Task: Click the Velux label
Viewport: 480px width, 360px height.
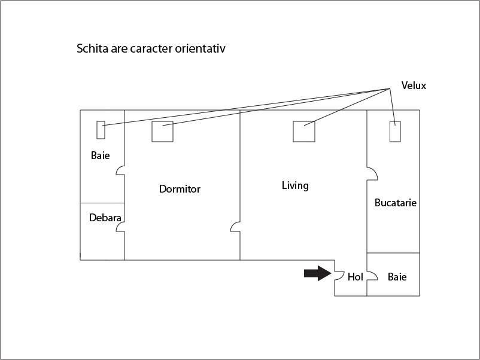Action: tap(414, 86)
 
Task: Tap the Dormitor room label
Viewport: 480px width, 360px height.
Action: tap(180, 189)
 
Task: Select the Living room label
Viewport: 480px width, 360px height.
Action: tap(295, 185)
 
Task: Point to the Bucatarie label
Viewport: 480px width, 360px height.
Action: tap(396, 203)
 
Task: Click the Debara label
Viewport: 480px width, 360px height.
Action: tap(105, 218)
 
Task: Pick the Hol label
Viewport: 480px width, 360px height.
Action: tap(355, 277)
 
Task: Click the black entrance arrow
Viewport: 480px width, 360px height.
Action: tap(317, 273)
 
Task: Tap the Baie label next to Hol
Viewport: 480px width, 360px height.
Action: tap(397, 277)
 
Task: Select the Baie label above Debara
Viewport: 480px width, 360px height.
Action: tap(100, 155)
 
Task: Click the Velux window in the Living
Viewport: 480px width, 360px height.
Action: tap(304, 132)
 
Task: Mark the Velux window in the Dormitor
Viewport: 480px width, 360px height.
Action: tap(163, 132)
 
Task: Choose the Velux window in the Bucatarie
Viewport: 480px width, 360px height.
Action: tap(395, 132)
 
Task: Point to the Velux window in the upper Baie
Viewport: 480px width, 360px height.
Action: tap(101, 130)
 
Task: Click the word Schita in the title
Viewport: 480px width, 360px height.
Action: tap(92, 48)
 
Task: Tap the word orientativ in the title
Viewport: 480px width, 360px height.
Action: tap(200, 48)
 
